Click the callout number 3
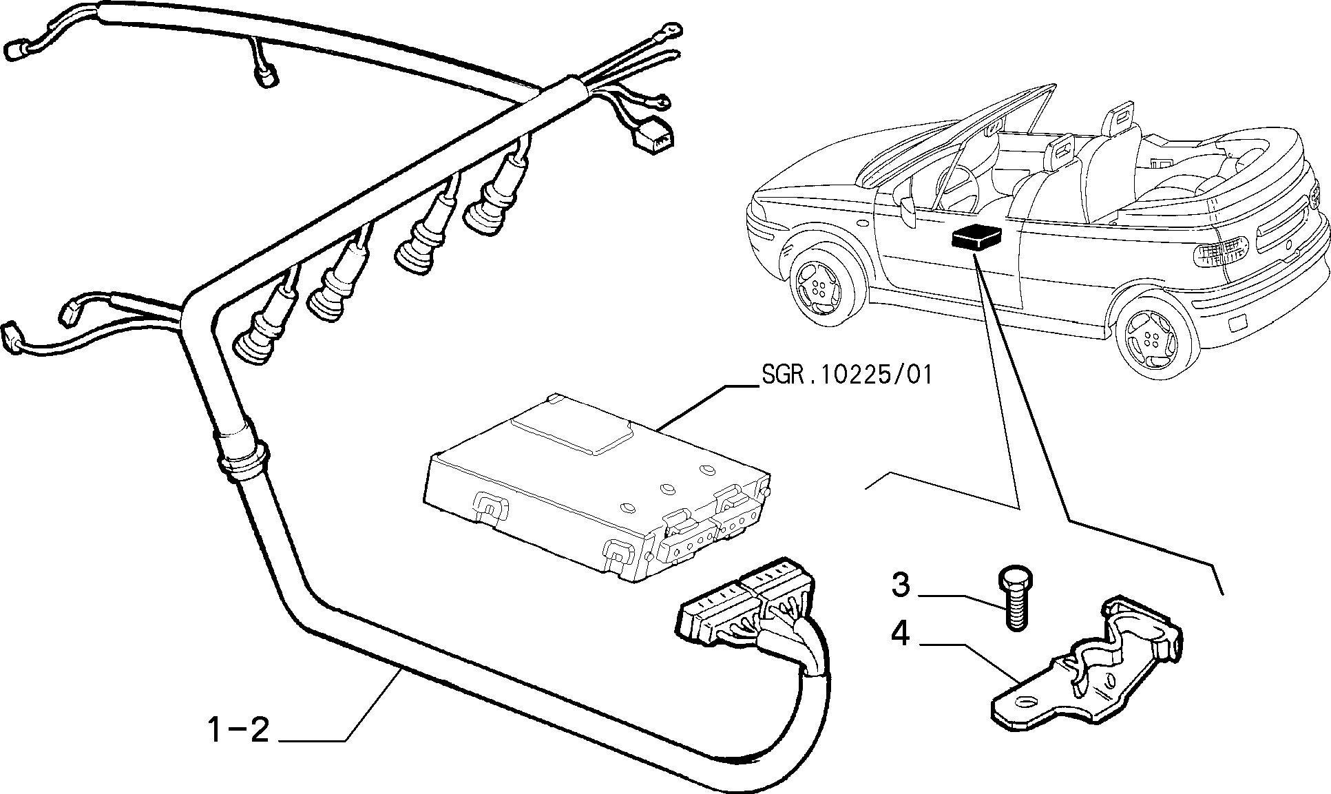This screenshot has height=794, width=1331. point(900,585)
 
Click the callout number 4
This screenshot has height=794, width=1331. point(900,634)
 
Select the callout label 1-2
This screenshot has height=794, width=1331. point(238,729)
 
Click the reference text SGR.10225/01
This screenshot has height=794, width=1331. point(847,375)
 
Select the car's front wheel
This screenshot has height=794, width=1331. point(823,286)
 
